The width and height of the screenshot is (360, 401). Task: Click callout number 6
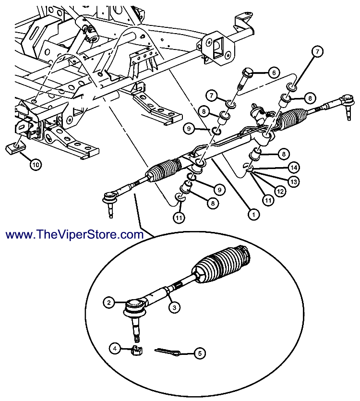(273, 73)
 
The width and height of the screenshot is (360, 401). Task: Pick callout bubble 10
(35, 165)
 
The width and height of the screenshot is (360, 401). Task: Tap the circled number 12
(280, 191)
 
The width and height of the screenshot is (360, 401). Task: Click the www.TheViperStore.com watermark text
(75, 235)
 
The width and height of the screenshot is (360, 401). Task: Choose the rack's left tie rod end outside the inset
(111, 198)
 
